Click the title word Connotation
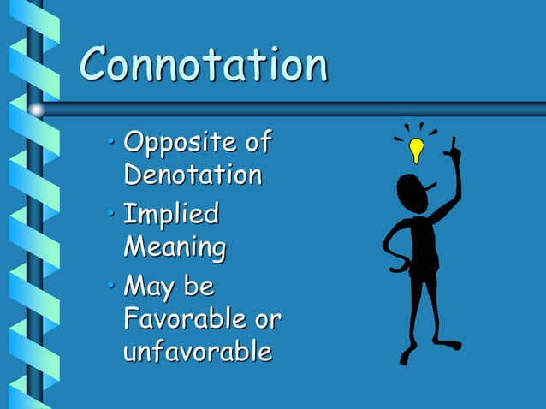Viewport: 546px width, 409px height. pyautogui.click(x=204, y=65)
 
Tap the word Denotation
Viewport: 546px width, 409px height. pyautogui.click(x=193, y=175)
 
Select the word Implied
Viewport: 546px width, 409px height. pyautogui.click(x=171, y=214)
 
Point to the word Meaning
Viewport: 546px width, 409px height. pyautogui.click(x=175, y=248)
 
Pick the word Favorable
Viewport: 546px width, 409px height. pyautogui.click(x=181, y=319)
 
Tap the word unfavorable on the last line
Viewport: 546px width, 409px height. pyautogui.click(x=198, y=352)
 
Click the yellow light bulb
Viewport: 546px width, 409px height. pyautogui.click(x=417, y=150)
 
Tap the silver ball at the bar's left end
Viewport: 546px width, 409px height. pyautogui.click(x=35, y=110)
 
